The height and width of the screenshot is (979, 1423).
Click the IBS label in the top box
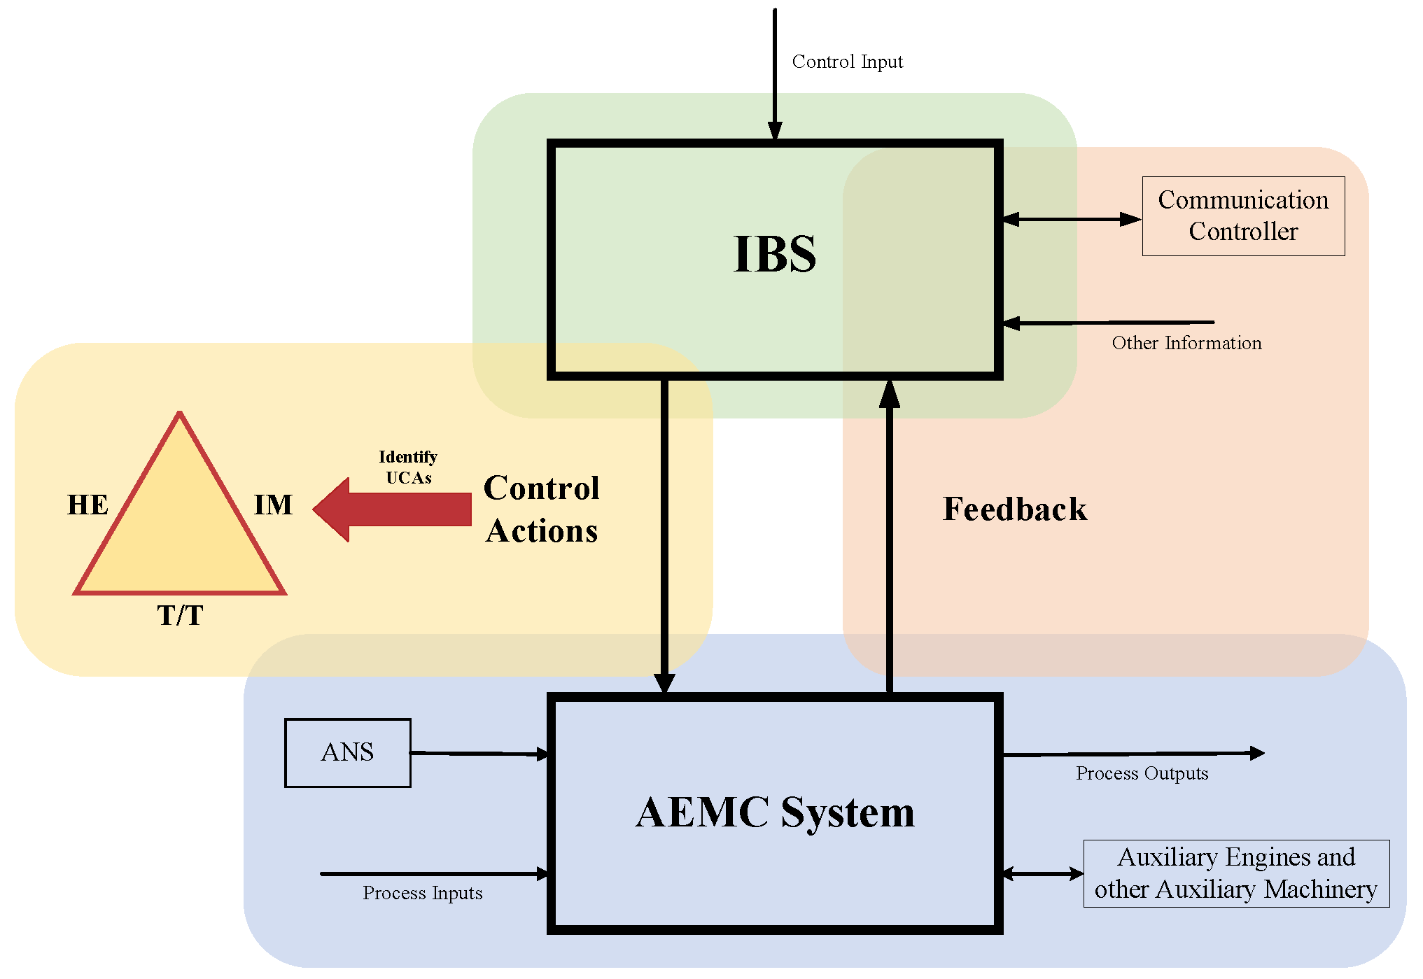[x=775, y=253]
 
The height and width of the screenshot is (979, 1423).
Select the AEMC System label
[x=776, y=812]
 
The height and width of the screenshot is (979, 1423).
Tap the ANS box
[x=348, y=753]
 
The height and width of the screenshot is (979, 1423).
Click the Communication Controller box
[x=1243, y=216]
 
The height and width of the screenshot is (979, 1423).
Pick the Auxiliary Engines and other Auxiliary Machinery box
[x=1236, y=873]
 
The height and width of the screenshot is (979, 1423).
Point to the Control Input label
[x=848, y=62]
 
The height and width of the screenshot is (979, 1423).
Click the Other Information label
[x=1187, y=343]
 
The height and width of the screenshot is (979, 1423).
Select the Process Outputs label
[x=1142, y=773]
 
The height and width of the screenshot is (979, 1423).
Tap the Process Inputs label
[x=423, y=894]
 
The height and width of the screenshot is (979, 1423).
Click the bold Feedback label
[x=1015, y=509]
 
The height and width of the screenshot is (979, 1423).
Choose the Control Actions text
[x=542, y=509]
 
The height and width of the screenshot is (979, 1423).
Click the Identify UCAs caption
[x=408, y=467]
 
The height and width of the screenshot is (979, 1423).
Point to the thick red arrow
[x=392, y=509]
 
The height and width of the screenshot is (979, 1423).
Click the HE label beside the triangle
[x=87, y=505]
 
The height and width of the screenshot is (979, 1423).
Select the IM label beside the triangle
[x=273, y=505]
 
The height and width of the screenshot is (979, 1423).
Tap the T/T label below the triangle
[x=180, y=615]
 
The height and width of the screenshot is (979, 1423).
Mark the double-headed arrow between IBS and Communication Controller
[x=1072, y=219]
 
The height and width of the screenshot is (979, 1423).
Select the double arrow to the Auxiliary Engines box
[x=1043, y=873]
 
